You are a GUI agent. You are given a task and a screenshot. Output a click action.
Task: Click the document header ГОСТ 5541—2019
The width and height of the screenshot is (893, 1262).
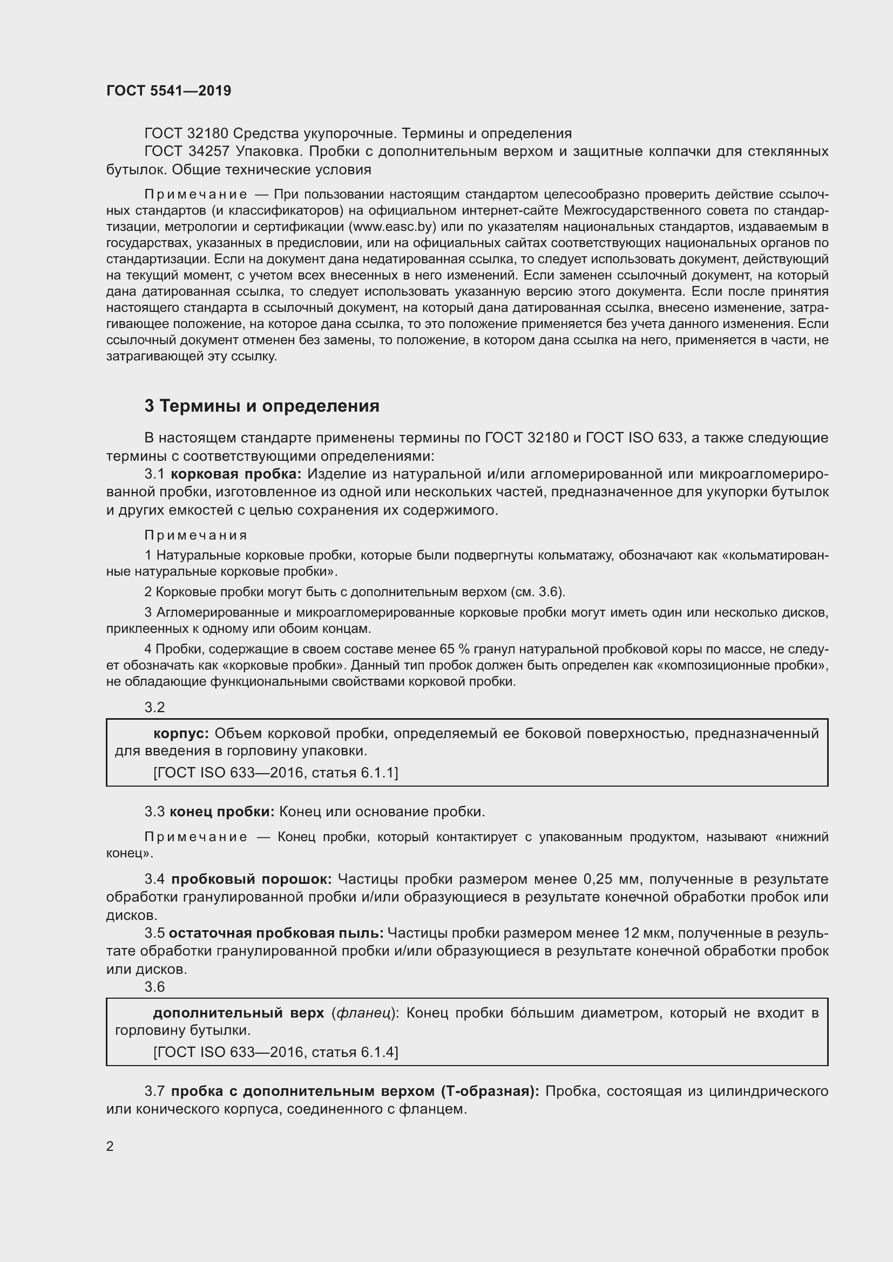168,91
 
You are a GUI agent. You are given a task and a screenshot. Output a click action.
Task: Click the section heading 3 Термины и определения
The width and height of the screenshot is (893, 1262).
262,406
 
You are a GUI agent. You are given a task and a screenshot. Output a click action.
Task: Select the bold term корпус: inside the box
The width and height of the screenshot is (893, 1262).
181,733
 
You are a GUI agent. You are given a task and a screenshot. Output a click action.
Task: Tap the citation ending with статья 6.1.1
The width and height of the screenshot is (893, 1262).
275,773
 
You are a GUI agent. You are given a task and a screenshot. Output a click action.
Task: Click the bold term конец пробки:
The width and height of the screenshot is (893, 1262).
221,811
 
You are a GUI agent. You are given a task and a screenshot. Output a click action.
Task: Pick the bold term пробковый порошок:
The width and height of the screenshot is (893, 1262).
251,879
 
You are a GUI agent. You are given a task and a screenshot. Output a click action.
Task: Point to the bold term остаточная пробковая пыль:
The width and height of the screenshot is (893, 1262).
276,933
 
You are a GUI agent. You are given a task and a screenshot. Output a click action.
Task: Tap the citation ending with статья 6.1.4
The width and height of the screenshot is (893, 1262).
275,1052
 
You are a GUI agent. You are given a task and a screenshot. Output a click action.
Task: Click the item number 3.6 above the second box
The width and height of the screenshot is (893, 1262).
154,987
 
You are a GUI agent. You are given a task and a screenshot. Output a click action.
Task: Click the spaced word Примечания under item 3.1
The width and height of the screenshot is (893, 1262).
196,535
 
